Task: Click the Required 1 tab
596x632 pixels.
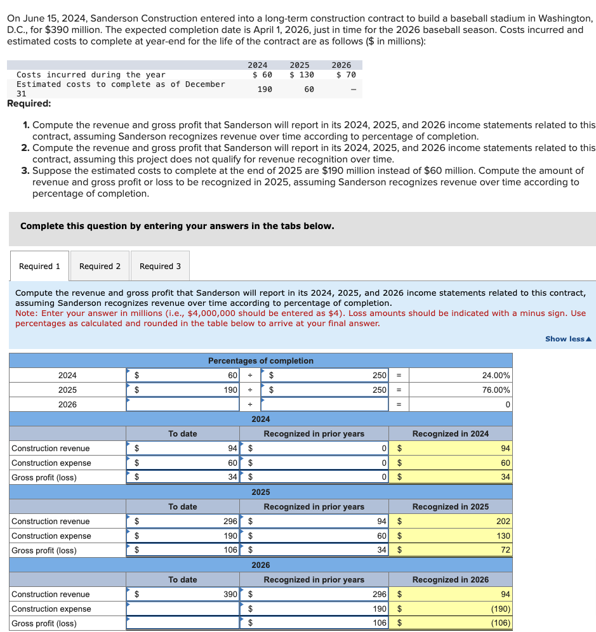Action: pos(39,267)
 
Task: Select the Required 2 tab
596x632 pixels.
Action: pos(100,267)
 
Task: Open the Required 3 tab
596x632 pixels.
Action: pos(160,267)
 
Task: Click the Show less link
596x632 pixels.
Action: pos(568,339)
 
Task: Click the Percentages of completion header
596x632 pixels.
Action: pos(260,361)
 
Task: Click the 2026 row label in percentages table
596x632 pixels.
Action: pos(67,405)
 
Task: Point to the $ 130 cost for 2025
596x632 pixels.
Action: pos(301,75)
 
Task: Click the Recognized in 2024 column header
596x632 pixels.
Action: pos(450,434)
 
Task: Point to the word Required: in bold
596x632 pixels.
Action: pos(29,104)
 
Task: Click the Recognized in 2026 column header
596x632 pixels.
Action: pos(450,580)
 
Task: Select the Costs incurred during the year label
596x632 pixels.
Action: pos(91,75)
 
